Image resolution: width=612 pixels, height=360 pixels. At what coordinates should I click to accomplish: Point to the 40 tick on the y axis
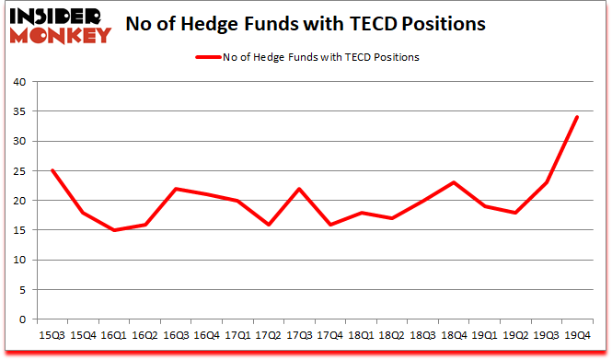(18, 82)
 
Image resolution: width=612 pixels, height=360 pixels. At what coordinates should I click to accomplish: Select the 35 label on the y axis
(18, 111)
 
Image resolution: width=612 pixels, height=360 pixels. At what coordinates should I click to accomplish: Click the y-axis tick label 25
(18, 171)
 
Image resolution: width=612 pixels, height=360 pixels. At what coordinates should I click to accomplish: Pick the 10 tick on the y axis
(18, 261)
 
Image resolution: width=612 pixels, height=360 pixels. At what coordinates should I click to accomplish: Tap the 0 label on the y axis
(21, 319)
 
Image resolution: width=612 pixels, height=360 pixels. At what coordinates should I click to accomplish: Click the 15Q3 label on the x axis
(52, 335)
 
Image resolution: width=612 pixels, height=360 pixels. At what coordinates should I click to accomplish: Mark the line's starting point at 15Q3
(52, 170)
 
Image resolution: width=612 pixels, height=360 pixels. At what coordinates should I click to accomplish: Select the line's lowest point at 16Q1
(114, 230)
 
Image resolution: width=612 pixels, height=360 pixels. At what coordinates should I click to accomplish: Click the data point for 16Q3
(177, 189)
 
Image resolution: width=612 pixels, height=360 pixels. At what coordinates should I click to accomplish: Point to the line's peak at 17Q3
(300, 189)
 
